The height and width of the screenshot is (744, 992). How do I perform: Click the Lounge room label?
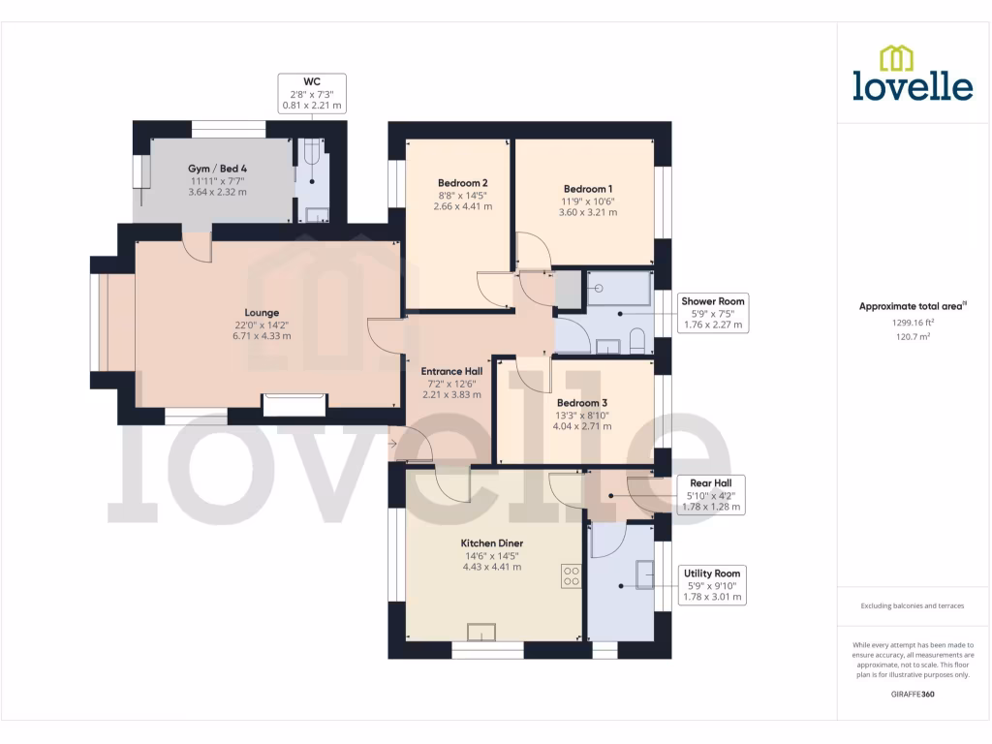tap(262, 313)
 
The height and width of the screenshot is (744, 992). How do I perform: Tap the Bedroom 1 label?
tap(587, 189)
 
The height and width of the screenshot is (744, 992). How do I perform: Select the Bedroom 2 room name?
tap(462, 183)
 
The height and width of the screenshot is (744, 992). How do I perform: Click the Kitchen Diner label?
tap(491, 543)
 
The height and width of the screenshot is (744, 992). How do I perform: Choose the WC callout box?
tap(311, 92)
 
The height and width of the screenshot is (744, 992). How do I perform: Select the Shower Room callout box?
tap(714, 313)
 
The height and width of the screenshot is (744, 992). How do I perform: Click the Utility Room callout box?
tap(712, 585)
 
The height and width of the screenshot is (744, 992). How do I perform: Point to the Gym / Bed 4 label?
tap(217, 169)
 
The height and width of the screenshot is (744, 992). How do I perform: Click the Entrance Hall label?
tap(450, 371)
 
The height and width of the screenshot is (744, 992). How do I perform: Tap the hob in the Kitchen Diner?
tap(571, 576)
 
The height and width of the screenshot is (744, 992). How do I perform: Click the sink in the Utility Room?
tap(644, 574)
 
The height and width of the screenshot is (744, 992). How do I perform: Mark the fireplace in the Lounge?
tap(294, 404)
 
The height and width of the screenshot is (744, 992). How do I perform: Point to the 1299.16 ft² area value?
tap(913, 323)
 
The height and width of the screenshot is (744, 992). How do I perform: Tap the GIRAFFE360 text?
tap(913, 695)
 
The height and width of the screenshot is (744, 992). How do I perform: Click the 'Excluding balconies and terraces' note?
tap(913, 606)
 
